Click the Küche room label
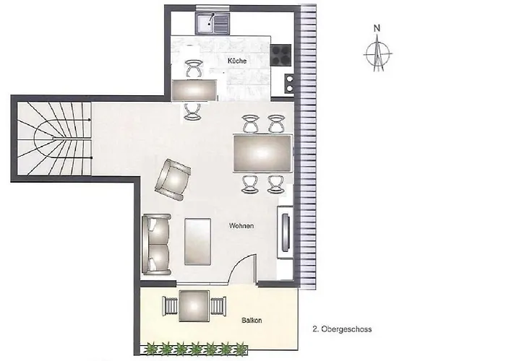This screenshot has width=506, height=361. click(x=237, y=61)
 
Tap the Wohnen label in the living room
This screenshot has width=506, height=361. click(x=241, y=225)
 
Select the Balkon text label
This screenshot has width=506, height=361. click(x=252, y=321)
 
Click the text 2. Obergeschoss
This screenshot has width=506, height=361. click(x=342, y=329)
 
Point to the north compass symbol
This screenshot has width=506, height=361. click(x=378, y=53)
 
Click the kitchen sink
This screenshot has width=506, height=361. click(x=212, y=24)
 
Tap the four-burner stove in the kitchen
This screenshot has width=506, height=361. click(x=281, y=55)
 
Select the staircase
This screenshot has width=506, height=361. click(x=54, y=139)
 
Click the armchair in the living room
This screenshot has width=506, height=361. click(x=172, y=180)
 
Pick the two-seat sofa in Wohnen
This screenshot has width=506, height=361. click(x=157, y=244)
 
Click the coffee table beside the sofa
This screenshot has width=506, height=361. click(x=197, y=242)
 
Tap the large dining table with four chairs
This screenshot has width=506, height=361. click(x=262, y=153)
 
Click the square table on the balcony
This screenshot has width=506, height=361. click(x=194, y=306)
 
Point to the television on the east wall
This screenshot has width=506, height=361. click(x=286, y=232)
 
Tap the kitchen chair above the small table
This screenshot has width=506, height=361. click(x=194, y=68)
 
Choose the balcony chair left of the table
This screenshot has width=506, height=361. click(x=171, y=306)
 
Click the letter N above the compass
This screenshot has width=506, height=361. click(x=377, y=28)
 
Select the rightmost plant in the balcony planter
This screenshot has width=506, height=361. click(x=241, y=349)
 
